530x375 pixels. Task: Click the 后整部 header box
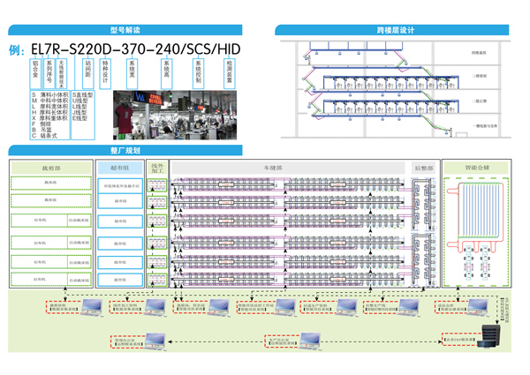(422, 167)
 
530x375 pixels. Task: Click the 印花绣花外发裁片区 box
(120, 185)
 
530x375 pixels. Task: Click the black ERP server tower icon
(488, 335)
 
